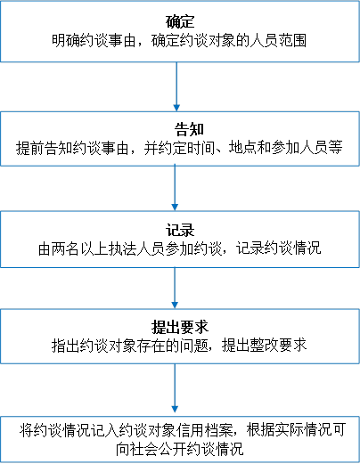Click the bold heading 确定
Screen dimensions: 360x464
180,21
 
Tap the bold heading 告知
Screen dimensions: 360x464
189,129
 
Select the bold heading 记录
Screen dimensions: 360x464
180,230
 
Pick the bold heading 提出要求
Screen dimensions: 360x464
180,327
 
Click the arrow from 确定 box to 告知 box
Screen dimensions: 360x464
176,86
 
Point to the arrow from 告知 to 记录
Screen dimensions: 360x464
175,188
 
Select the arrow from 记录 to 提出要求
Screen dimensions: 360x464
175,288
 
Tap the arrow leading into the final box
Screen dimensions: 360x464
175,388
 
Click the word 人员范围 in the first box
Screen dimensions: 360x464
278,41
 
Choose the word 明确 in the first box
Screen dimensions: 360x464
66,41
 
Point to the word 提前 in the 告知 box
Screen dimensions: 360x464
30,148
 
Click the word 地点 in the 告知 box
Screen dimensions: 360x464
242,148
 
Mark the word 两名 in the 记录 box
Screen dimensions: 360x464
67,248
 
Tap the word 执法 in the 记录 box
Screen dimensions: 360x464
123,248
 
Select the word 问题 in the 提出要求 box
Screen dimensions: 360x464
194,346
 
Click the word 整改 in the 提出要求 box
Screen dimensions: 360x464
264,346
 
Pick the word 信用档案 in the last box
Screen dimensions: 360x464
205,430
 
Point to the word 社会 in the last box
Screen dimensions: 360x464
144,449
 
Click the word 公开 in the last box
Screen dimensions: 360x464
173,449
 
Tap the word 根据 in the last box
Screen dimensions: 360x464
260,430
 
